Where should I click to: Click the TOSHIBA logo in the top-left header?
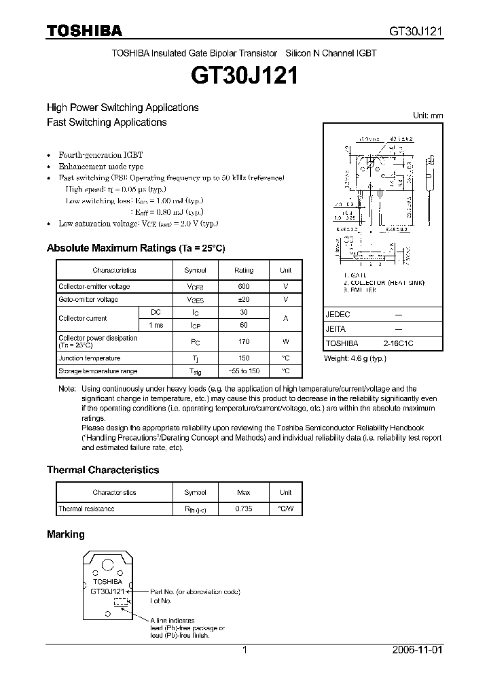pos(84,31)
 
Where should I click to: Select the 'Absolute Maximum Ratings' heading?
pos(135,248)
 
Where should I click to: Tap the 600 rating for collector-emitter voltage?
pos(244,287)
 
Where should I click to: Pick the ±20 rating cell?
pos(244,300)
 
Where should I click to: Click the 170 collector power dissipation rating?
pos(244,341)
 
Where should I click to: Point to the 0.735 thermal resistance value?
pos(244,509)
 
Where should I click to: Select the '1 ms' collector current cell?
pos(156,325)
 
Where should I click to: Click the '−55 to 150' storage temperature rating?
pos(244,371)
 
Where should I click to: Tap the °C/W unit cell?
pos(285,509)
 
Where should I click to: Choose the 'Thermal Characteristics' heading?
pos(103,470)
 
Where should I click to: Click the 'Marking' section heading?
pos(65,534)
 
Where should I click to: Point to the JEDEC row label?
pos(338,315)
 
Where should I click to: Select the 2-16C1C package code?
pos(397,344)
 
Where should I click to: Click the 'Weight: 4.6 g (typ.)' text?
pos(355,358)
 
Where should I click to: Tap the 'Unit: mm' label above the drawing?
pos(428,116)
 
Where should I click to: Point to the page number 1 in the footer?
pos(245,650)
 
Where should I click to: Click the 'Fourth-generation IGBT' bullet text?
pos(101,155)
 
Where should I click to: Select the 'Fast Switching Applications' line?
pos(107,122)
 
